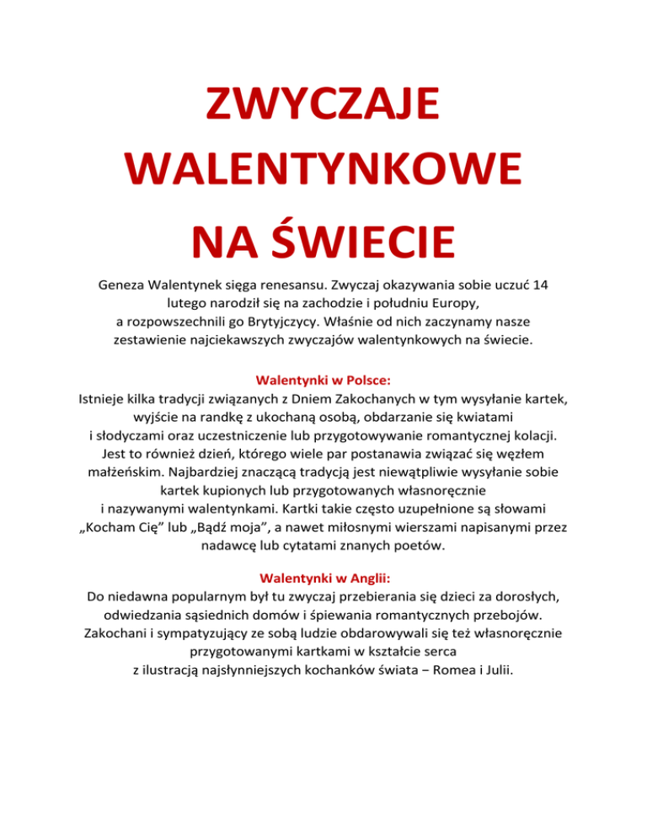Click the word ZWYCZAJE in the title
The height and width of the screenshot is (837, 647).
click(x=323, y=109)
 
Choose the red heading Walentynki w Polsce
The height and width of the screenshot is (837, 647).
click(x=323, y=379)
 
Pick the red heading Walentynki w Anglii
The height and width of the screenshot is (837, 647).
click(x=323, y=578)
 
